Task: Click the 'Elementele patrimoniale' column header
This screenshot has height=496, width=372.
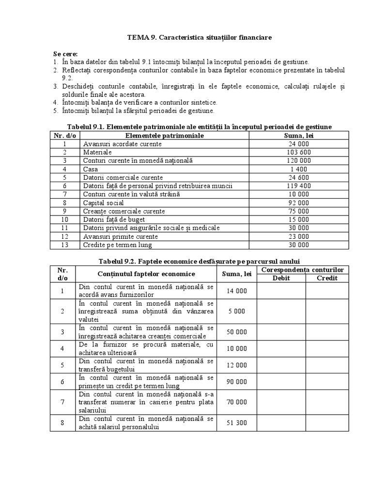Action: (x=165, y=136)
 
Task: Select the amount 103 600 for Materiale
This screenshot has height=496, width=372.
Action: (x=298, y=152)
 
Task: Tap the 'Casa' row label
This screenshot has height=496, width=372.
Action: (x=90, y=169)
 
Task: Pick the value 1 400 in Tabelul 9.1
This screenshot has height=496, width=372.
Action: (x=298, y=169)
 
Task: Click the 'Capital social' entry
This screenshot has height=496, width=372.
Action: (x=103, y=203)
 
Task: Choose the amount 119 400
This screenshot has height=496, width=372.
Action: (x=298, y=186)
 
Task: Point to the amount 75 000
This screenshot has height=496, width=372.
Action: (x=298, y=211)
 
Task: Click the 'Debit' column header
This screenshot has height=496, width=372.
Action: (x=281, y=278)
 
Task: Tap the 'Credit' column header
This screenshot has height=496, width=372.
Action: (x=327, y=278)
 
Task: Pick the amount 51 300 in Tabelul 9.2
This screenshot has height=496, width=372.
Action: (x=237, y=422)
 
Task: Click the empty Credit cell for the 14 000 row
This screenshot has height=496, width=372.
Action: (x=327, y=291)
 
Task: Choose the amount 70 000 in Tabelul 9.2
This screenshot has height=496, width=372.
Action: (x=237, y=402)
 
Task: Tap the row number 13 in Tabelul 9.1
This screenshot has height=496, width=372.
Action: (x=64, y=245)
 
